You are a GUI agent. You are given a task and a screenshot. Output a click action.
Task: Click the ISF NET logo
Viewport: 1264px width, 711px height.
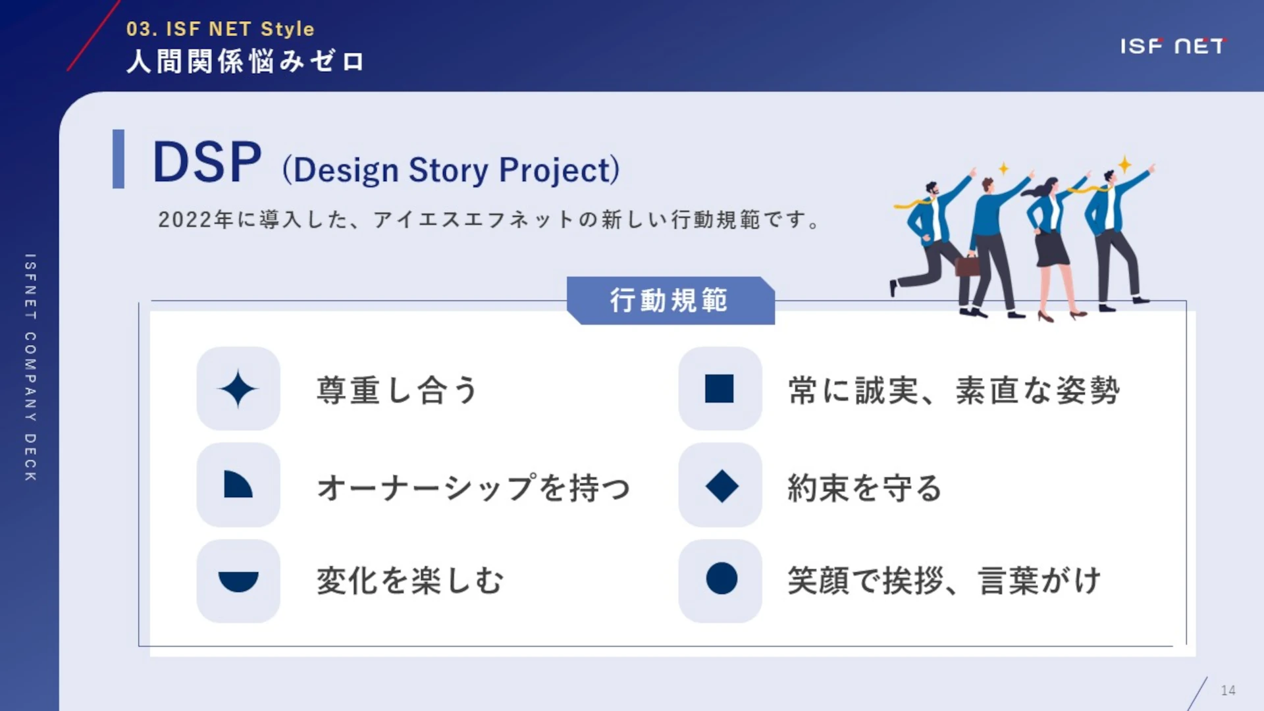pyautogui.click(x=1172, y=46)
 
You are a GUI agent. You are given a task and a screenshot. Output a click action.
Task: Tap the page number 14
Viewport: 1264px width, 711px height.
pyautogui.click(x=1228, y=690)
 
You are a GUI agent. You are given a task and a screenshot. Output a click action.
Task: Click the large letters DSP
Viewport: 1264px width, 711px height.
pyautogui.click(x=207, y=162)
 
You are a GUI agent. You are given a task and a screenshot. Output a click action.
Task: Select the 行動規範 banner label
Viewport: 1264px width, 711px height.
pyautogui.click(x=669, y=300)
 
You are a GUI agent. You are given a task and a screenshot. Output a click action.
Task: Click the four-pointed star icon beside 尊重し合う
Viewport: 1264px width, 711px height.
pyautogui.click(x=238, y=389)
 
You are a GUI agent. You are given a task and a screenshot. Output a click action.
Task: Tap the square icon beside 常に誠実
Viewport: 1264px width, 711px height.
pyautogui.click(x=719, y=388)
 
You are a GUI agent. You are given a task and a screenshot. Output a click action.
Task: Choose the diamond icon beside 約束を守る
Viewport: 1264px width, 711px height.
pyautogui.click(x=722, y=486)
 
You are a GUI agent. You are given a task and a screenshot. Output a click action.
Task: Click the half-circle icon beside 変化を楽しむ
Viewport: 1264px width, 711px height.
pyautogui.click(x=238, y=581)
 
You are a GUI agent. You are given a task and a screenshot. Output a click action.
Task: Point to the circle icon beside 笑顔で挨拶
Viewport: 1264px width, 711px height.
pyautogui.click(x=722, y=579)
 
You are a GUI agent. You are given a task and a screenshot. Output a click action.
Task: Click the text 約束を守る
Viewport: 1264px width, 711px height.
pyautogui.click(x=864, y=488)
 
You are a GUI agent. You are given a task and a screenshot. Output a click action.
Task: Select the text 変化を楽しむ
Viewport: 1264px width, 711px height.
pyautogui.click(x=410, y=581)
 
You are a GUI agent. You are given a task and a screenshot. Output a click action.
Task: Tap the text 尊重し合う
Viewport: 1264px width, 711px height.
pyautogui.click(x=397, y=390)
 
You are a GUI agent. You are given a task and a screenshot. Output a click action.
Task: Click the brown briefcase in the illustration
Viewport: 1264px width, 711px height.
pyautogui.click(x=967, y=265)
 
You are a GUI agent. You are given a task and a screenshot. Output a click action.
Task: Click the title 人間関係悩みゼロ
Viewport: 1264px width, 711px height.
pyautogui.click(x=245, y=61)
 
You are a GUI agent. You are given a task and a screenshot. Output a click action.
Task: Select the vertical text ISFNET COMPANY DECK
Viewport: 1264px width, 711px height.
pyautogui.click(x=30, y=367)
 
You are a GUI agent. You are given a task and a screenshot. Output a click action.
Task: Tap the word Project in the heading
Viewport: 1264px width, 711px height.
pyautogui.click(x=559, y=171)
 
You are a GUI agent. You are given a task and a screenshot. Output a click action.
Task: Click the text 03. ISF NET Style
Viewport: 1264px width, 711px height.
pyautogui.click(x=221, y=29)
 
